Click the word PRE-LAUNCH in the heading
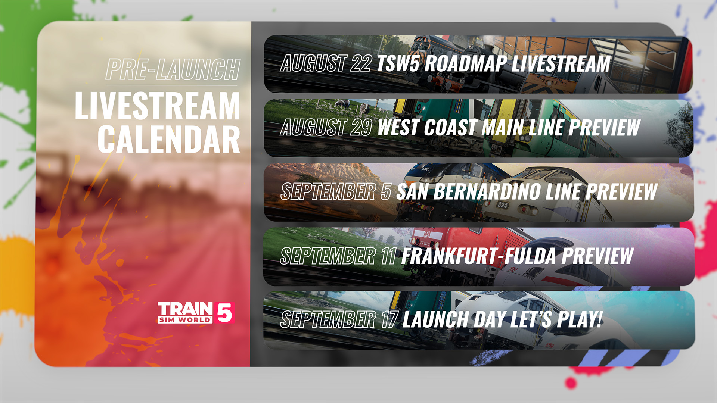(x=173, y=69)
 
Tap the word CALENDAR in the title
(x=169, y=140)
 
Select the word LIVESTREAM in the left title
(x=157, y=106)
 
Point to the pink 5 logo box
(x=224, y=313)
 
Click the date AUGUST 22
(x=326, y=63)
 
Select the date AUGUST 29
(x=326, y=127)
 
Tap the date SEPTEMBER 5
(x=336, y=191)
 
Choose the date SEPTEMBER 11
(x=338, y=256)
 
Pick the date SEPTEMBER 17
(x=339, y=320)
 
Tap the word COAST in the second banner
(x=450, y=127)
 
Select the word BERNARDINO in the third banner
(x=487, y=191)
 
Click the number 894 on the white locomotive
(x=503, y=205)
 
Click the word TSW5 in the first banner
(x=398, y=63)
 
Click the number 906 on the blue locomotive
(x=426, y=169)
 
